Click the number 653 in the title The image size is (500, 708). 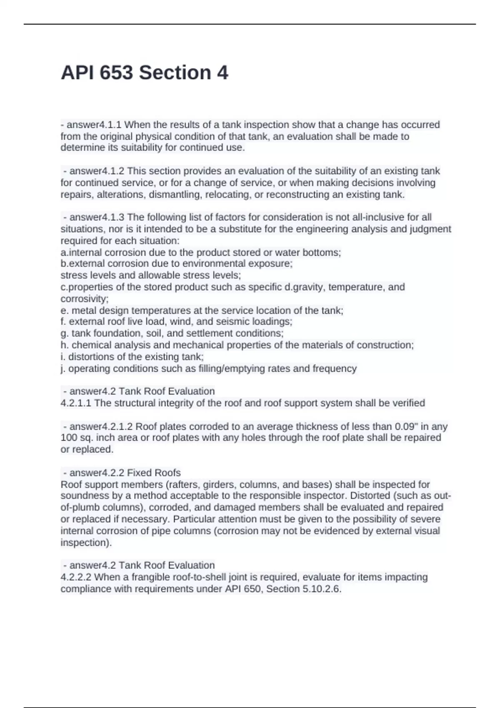[116, 73]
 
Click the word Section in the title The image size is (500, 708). [175, 73]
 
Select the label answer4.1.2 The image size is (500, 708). [97, 171]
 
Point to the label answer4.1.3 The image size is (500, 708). [97, 217]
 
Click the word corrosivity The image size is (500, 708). [84, 299]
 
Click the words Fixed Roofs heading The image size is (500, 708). [154, 473]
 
